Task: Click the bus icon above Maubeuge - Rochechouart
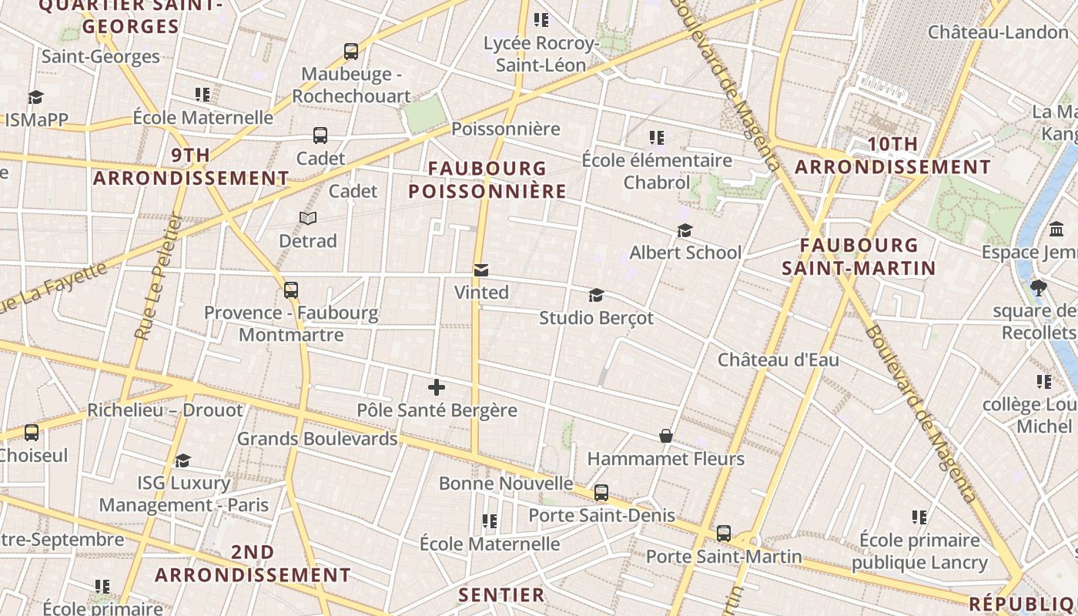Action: (x=351, y=52)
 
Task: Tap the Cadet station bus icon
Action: (x=320, y=136)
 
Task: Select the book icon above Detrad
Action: (x=308, y=219)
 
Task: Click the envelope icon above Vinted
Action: (x=481, y=270)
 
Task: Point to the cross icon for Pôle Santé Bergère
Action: (x=437, y=387)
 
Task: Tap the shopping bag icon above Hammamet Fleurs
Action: (x=666, y=437)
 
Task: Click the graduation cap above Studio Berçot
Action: (x=596, y=295)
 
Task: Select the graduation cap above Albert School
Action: (x=685, y=230)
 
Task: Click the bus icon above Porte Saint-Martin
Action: (x=724, y=533)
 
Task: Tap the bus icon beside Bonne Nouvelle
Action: (x=601, y=492)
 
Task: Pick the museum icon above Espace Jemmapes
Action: (x=1056, y=229)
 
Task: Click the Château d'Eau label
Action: (x=778, y=360)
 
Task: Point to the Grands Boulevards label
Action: (x=317, y=439)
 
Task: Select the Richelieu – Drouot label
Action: (x=165, y=410)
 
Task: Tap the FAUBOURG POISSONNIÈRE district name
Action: (x=487, y=179)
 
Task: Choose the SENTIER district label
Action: (x=502, y=594)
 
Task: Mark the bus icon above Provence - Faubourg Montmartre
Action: (x=291, y=290)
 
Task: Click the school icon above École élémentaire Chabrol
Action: (x=657, y=138)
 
